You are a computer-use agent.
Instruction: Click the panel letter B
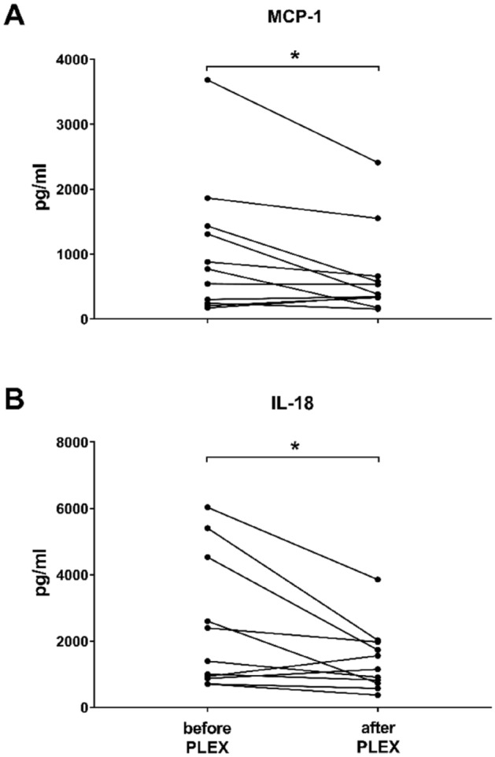click(x=15, y=395)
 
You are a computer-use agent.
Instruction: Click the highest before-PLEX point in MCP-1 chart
click(x=207, y=80)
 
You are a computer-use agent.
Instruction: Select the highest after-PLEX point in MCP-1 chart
click(x=379, y=162)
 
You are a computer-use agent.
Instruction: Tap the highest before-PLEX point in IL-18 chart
click(x=207, y=507)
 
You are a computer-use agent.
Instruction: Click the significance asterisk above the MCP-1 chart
click(x=293, y=56)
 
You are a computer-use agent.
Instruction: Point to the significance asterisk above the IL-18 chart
click(x=293, y=447)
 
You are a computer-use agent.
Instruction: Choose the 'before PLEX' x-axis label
click(x=207, y=734)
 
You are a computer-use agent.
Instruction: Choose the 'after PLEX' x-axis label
click(x=379, y=734)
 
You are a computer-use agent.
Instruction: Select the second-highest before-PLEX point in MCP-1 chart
click(x=207, y=198)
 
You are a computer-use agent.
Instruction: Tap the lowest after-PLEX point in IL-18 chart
click(x=379, y=695)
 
